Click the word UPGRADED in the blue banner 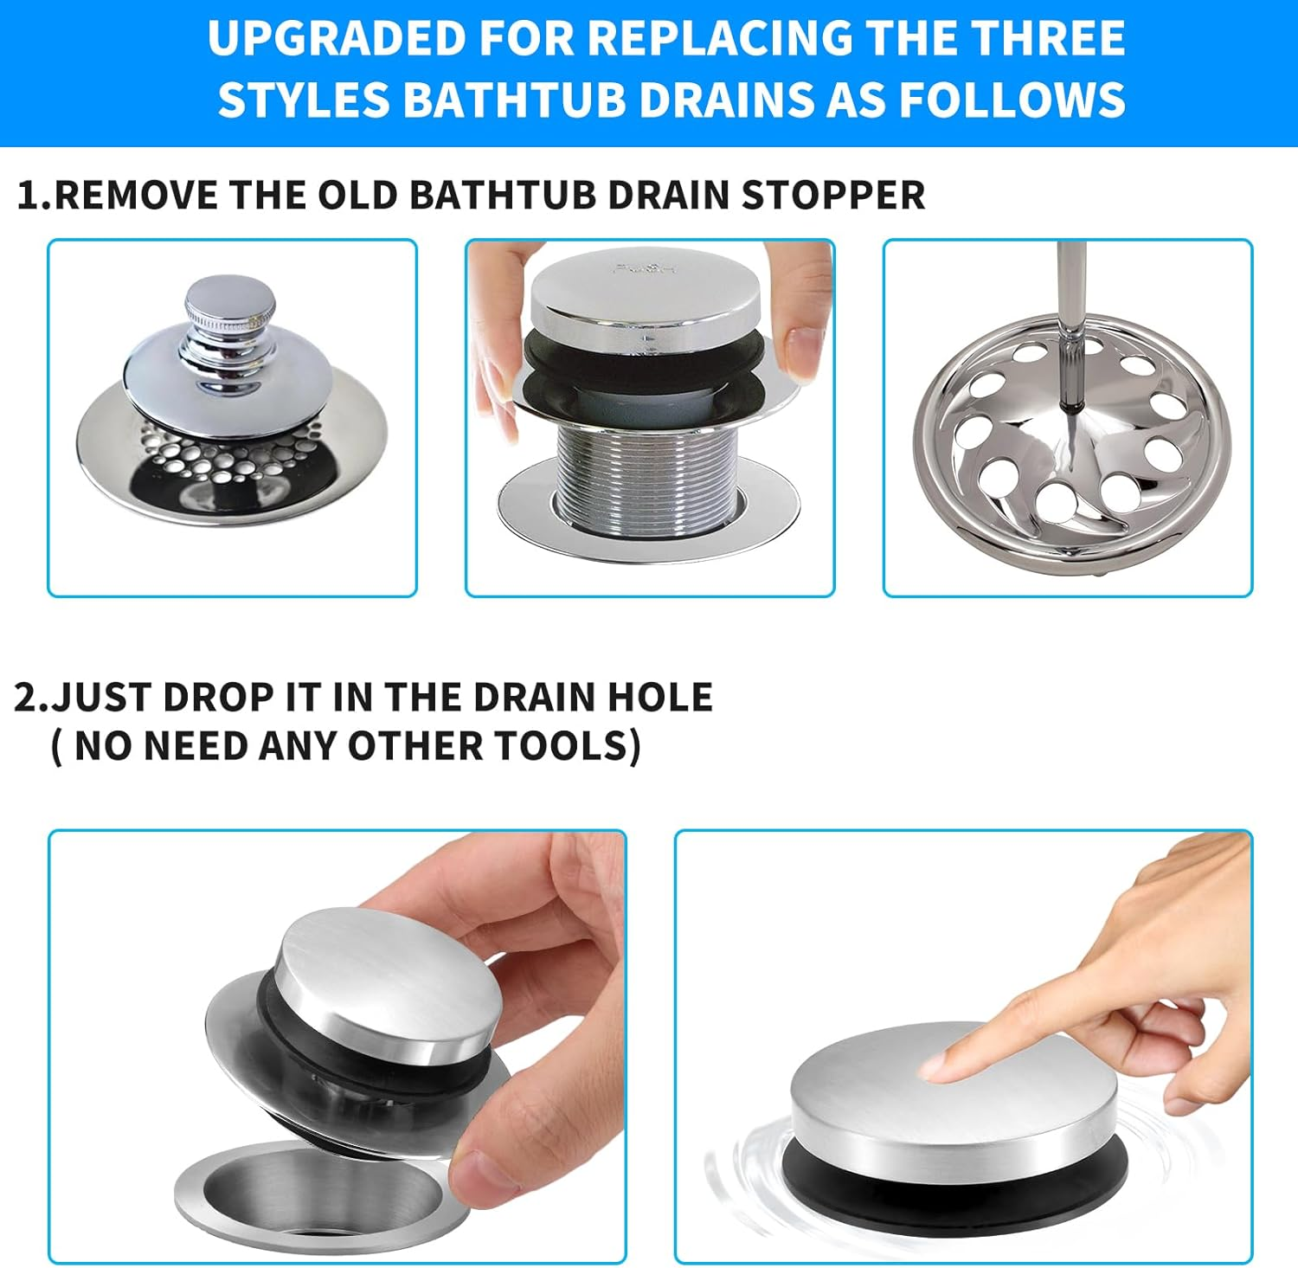336,39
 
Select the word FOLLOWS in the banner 1012,100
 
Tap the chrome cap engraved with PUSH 645,294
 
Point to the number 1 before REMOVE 29,195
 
